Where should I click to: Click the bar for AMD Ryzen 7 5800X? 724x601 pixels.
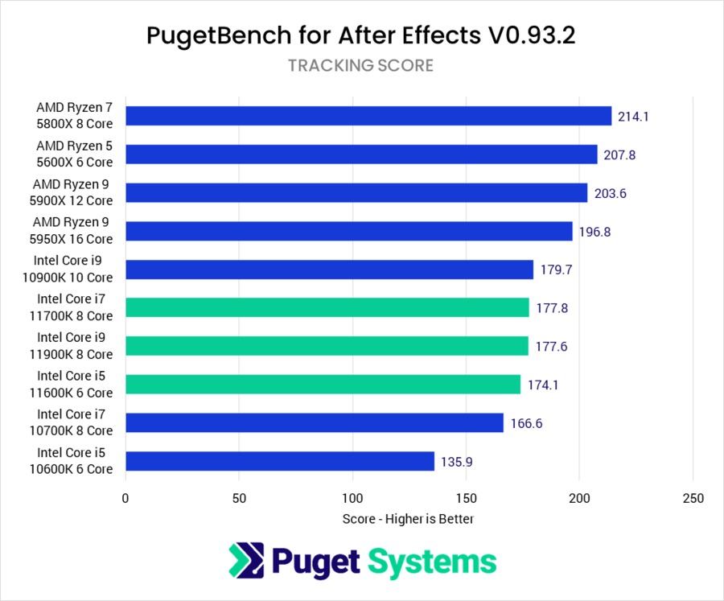368,116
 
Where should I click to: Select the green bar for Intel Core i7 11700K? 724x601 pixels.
327,307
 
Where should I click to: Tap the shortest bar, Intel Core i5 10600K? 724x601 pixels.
280,461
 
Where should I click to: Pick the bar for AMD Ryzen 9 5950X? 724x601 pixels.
349,231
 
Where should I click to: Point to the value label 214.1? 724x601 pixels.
633,116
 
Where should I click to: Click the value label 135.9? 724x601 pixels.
455,462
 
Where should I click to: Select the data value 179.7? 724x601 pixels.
556,270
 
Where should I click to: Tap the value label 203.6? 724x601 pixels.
609,193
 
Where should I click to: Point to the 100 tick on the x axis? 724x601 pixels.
353,499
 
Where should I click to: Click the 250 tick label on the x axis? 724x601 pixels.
693,499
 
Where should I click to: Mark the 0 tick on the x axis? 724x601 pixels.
125,499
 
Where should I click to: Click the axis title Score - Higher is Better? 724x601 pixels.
408,519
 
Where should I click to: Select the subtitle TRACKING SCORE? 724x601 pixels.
361,66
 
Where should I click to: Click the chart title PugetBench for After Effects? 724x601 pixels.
361,35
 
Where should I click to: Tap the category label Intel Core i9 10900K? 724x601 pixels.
74,270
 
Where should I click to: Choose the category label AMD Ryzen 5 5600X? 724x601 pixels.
74,154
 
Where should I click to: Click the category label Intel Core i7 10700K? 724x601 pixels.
74,423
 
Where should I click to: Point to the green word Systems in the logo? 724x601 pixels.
433,562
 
